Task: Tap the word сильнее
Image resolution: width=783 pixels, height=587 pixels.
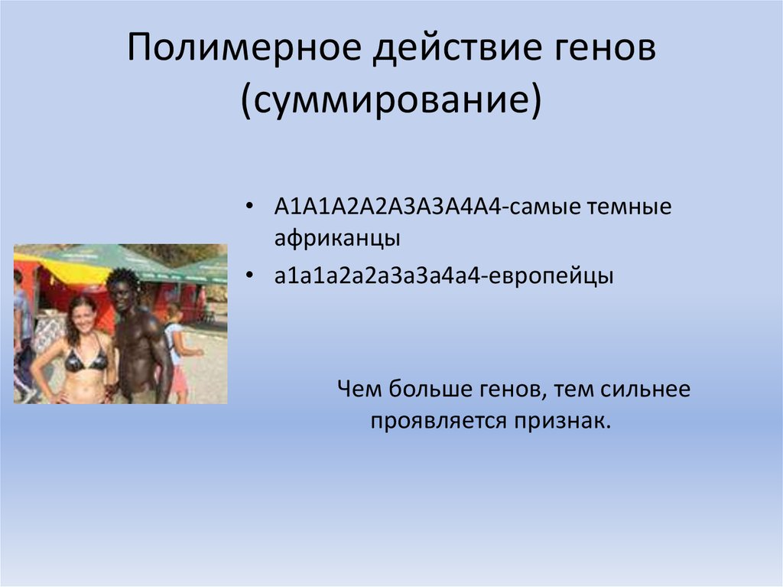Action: pos(645,390)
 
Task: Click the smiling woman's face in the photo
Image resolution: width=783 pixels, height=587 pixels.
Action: pos(83,315)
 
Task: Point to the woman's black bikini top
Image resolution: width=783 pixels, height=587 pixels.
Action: pos(85,360)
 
